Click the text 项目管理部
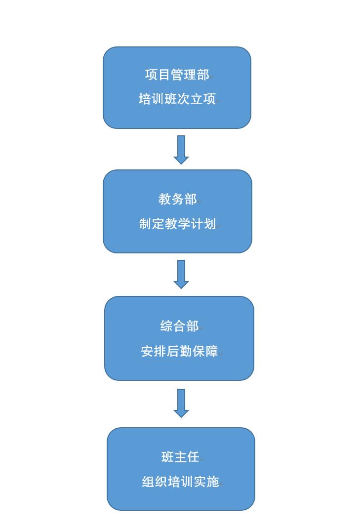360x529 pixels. pos(177,75)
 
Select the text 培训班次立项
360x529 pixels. pos(177,99)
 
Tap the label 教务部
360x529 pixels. pos(177,199)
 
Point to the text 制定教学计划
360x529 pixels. pos(177,224)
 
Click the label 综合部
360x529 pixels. pos(179,326)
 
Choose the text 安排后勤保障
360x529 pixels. pos(179,351)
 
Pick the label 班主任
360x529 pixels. pos(180,457)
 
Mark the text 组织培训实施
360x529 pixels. pos(180,482)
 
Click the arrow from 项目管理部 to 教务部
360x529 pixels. pos(181,149)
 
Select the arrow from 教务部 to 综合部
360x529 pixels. pos(181,274)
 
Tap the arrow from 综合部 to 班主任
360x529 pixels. pos(181,403)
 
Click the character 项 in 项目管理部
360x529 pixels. pos(151,75)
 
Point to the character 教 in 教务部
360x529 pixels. pos(164,199)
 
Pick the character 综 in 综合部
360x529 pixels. pos(166,326)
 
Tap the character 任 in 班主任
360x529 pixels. pos(193,457)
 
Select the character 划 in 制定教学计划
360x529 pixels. pos(210,224)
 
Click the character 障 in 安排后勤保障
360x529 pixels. pos(212,351)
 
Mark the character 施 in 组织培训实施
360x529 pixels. pos(213,482)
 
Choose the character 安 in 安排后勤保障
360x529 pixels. pos(147,351)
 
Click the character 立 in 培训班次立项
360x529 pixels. pos(197,99)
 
